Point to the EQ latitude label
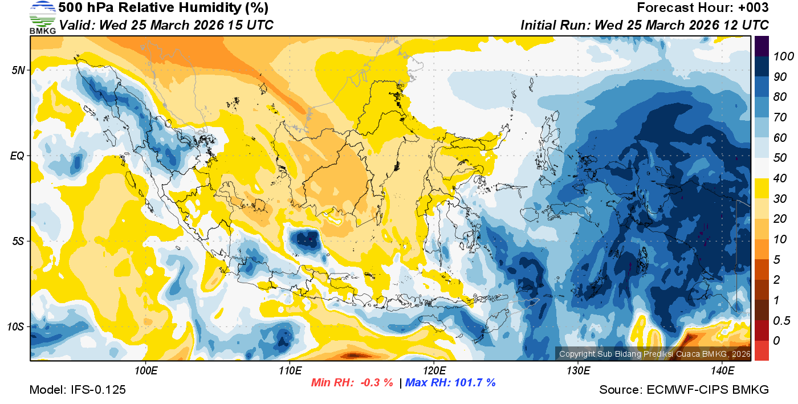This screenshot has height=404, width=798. tap(17, 156)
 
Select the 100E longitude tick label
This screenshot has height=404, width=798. tap(146, 371)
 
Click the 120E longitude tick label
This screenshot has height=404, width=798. tap(434, 371)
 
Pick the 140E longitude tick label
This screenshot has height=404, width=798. tap(723, 371)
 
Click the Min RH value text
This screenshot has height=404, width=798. tap(352, 382)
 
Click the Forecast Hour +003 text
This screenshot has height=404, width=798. tap(703, 8)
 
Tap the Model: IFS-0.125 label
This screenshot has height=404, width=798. tap(78, 390)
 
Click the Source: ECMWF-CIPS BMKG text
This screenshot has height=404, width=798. tap(684, 390)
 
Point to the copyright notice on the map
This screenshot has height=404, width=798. tap(655, 354)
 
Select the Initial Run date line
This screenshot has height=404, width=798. tap(645, 25)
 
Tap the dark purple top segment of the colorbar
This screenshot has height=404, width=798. tap(762, 45)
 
